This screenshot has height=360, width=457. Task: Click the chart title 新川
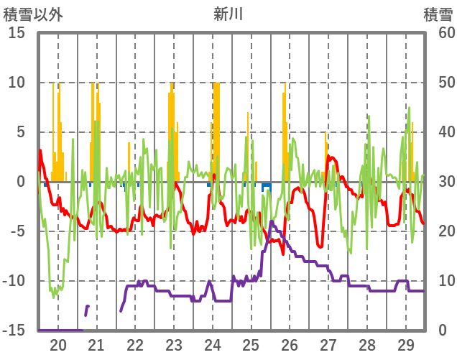pyautogui.click(x=228, y=14)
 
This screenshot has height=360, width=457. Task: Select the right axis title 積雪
pyautogui.click(x=437, y=14)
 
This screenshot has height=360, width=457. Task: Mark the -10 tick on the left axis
pyautogui.click(x=14, y=281)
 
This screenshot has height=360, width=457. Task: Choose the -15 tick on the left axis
pyautogui.click(x=14, y=331)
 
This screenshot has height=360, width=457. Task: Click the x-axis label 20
pyautogui.click(x=57, y=344)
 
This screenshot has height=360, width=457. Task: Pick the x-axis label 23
pyautogui.click(x=174, y=344)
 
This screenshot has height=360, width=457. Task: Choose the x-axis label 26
pyautogui.click(x=290, y=344)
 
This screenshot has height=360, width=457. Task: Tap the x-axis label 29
pyautogui.click(x=406, y=344)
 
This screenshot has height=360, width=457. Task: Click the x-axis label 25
pyautogui.click(x=251, y=344)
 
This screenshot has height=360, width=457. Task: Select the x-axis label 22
pyautogui.click(x=135, y=344)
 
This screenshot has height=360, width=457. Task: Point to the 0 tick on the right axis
pyautogui.click(x=443, y=331)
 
